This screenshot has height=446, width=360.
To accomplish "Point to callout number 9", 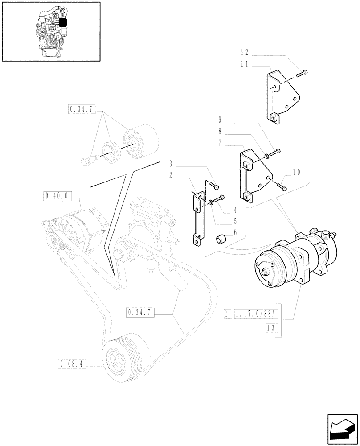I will point(220,119).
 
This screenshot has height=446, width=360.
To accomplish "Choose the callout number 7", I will point(220,143).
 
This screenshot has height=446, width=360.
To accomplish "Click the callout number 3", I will point(171,163).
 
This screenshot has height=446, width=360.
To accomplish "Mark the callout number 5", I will point(234,221).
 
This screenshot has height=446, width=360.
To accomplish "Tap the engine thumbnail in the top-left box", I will point(50,31).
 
